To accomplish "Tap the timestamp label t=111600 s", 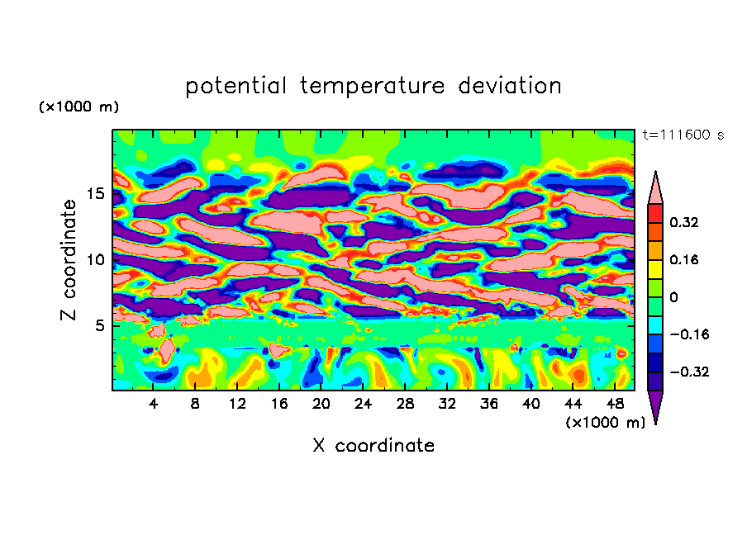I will tap(683, 135).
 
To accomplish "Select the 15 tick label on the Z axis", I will tap(97, 194).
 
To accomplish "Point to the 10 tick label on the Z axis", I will tap(97, 259).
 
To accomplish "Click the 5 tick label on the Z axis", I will tap(101, 325).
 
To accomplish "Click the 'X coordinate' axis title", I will tap(373, 446).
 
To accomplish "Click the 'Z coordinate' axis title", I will tap(69, 260).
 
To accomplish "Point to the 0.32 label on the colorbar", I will tap(685, 222).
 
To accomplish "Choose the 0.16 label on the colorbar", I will tap(685, 259).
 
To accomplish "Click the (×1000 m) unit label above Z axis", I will tap(79, 107).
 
